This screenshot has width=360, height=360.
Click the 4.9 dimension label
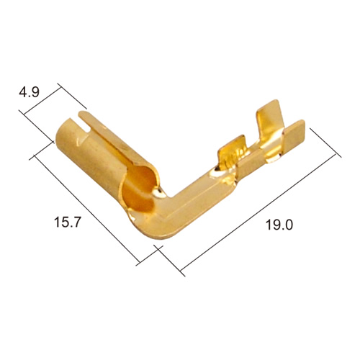(x=29, y=92)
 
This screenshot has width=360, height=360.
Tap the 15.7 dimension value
(x=66, y=222)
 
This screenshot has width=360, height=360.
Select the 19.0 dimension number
(x=279, y=225)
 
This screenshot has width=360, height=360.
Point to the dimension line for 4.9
(x=41, y=100)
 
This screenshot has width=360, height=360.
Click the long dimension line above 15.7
(x=88, y=208)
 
